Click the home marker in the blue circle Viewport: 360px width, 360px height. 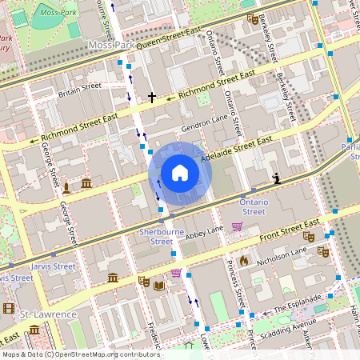(180, 173)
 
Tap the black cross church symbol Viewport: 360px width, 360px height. (152, 98)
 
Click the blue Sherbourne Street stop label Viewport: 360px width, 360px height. (156, 236)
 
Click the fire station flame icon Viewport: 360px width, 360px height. (244, 261)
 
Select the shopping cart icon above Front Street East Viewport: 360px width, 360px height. (237, 227)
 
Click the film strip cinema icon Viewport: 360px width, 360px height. (8, 308)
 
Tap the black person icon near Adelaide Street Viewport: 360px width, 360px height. (277, 178)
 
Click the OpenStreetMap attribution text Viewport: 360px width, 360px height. (70, 354)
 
